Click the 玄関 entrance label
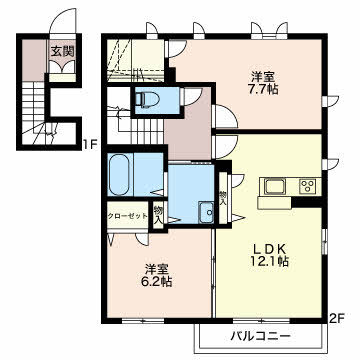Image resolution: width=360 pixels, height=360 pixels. pyautogui.click(x=62, y=51)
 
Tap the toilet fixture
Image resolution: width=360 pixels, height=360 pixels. pyautogui.click(x=144, y=99)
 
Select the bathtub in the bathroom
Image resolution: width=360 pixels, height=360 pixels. pyautogui.click(x=119, y=175)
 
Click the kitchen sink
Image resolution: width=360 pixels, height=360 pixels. pyautogui.click(x=275, y=187)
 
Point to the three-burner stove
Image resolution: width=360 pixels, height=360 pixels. pyautogui.click(x=308, y=186)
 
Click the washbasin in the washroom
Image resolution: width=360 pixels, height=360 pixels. pyautogui.click(x=206, y=213)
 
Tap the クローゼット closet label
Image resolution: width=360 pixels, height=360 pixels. pyautogui.click(x=127, y=216)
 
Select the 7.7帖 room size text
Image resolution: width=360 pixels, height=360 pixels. pyautogui.click(x=264, y=89)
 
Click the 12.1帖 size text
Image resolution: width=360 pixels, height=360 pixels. pyautogui.click(x=269, y=262)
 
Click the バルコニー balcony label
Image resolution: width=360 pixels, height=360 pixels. pyautogui.click(x=261, y=336)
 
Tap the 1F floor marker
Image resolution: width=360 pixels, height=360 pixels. pyautogui.click(x=90, y=145)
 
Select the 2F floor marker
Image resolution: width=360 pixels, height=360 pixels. pyautogui.click(x=336, y=319)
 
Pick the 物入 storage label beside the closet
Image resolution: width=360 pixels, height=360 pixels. pyautogui.click(x=158, y=215)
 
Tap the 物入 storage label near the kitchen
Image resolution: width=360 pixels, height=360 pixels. pyautogui.click(x=222, y=198)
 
